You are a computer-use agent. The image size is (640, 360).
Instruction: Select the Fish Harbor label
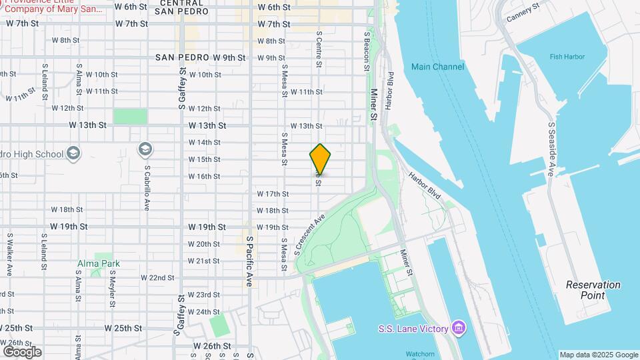point(566,57)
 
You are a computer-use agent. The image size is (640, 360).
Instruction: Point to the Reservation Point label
point(593,290)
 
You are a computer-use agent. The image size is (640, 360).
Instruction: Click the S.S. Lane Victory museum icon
point(458,327)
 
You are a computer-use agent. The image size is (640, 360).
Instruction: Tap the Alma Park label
point(99,263)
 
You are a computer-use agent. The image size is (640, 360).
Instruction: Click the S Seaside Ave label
point(551,149)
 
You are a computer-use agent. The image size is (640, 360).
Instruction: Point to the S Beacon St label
point(367,46)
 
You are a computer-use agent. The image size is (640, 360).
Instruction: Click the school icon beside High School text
point(73,154)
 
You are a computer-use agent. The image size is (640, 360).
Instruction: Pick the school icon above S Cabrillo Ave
point(145,148)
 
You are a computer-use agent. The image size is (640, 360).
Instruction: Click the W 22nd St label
point(157,277)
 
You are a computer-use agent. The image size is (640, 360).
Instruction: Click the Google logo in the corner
point(22,351)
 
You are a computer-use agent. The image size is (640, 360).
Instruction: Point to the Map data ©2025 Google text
point(598,355)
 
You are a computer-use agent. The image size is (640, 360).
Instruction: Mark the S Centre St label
point(319,49)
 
